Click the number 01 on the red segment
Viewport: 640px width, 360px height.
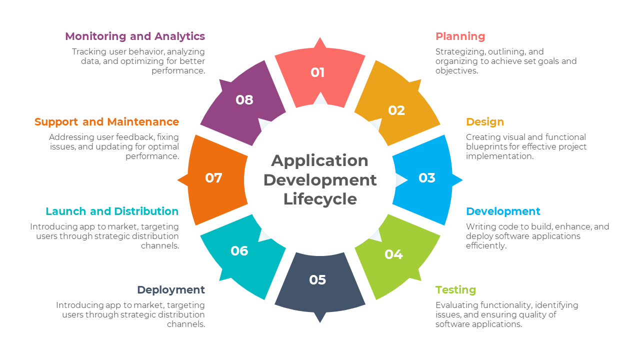point(317,72)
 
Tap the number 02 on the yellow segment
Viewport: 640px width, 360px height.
point(396,110)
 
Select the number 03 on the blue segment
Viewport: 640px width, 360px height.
point(427,178)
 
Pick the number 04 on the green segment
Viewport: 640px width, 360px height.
point(393,254)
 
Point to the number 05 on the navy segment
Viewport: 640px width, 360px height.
point(317,280)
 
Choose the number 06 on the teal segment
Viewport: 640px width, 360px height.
point(239,250)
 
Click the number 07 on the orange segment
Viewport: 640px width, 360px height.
point(213,178)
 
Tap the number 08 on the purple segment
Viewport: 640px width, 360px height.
point(244,100)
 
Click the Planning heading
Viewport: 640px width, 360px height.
point(460,36)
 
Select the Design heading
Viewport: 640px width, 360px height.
point(485,122)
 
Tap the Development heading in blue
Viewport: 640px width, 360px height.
point(503,211)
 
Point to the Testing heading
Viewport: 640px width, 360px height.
point(455,290)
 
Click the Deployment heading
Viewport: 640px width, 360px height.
point(171,290)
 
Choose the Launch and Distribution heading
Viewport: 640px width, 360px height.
point(112,211)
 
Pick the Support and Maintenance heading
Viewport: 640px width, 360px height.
point(106,122)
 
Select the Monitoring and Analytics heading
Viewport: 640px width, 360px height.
point(135,36)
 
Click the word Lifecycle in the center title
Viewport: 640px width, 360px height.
point(320,199)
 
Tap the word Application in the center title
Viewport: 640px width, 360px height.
point(320,160)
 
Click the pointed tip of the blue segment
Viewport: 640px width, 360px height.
point(461,180)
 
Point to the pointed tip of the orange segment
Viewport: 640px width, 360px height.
point(179,180)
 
